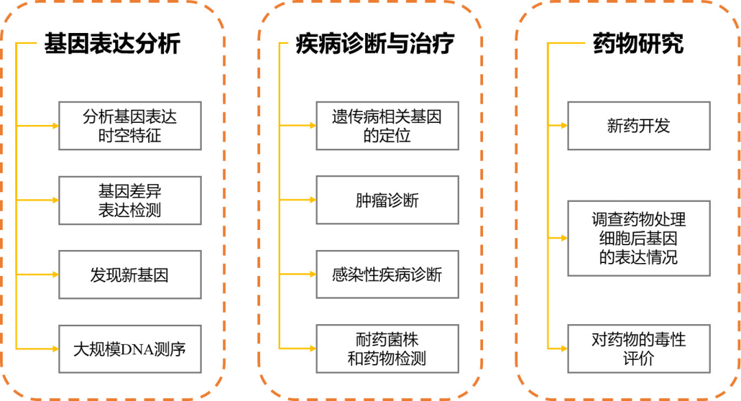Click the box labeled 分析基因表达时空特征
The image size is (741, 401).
point(130,126)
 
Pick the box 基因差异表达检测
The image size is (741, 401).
point(130,200)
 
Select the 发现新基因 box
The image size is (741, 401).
point(130,275)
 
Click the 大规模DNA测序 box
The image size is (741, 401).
point(130,349)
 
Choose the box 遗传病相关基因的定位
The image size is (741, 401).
point(387,126)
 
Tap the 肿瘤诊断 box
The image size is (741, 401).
point(387,200)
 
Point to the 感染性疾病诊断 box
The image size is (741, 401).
point(387,275)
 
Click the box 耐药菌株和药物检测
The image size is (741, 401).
point(387,349)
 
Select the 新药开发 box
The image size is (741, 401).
point(638,126)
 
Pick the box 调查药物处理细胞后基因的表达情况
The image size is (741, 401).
point(638,238)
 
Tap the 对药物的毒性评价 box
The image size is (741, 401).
point(638,349)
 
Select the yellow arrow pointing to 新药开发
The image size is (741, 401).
point(557,126)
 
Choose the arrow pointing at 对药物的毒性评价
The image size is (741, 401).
point(557,349)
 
